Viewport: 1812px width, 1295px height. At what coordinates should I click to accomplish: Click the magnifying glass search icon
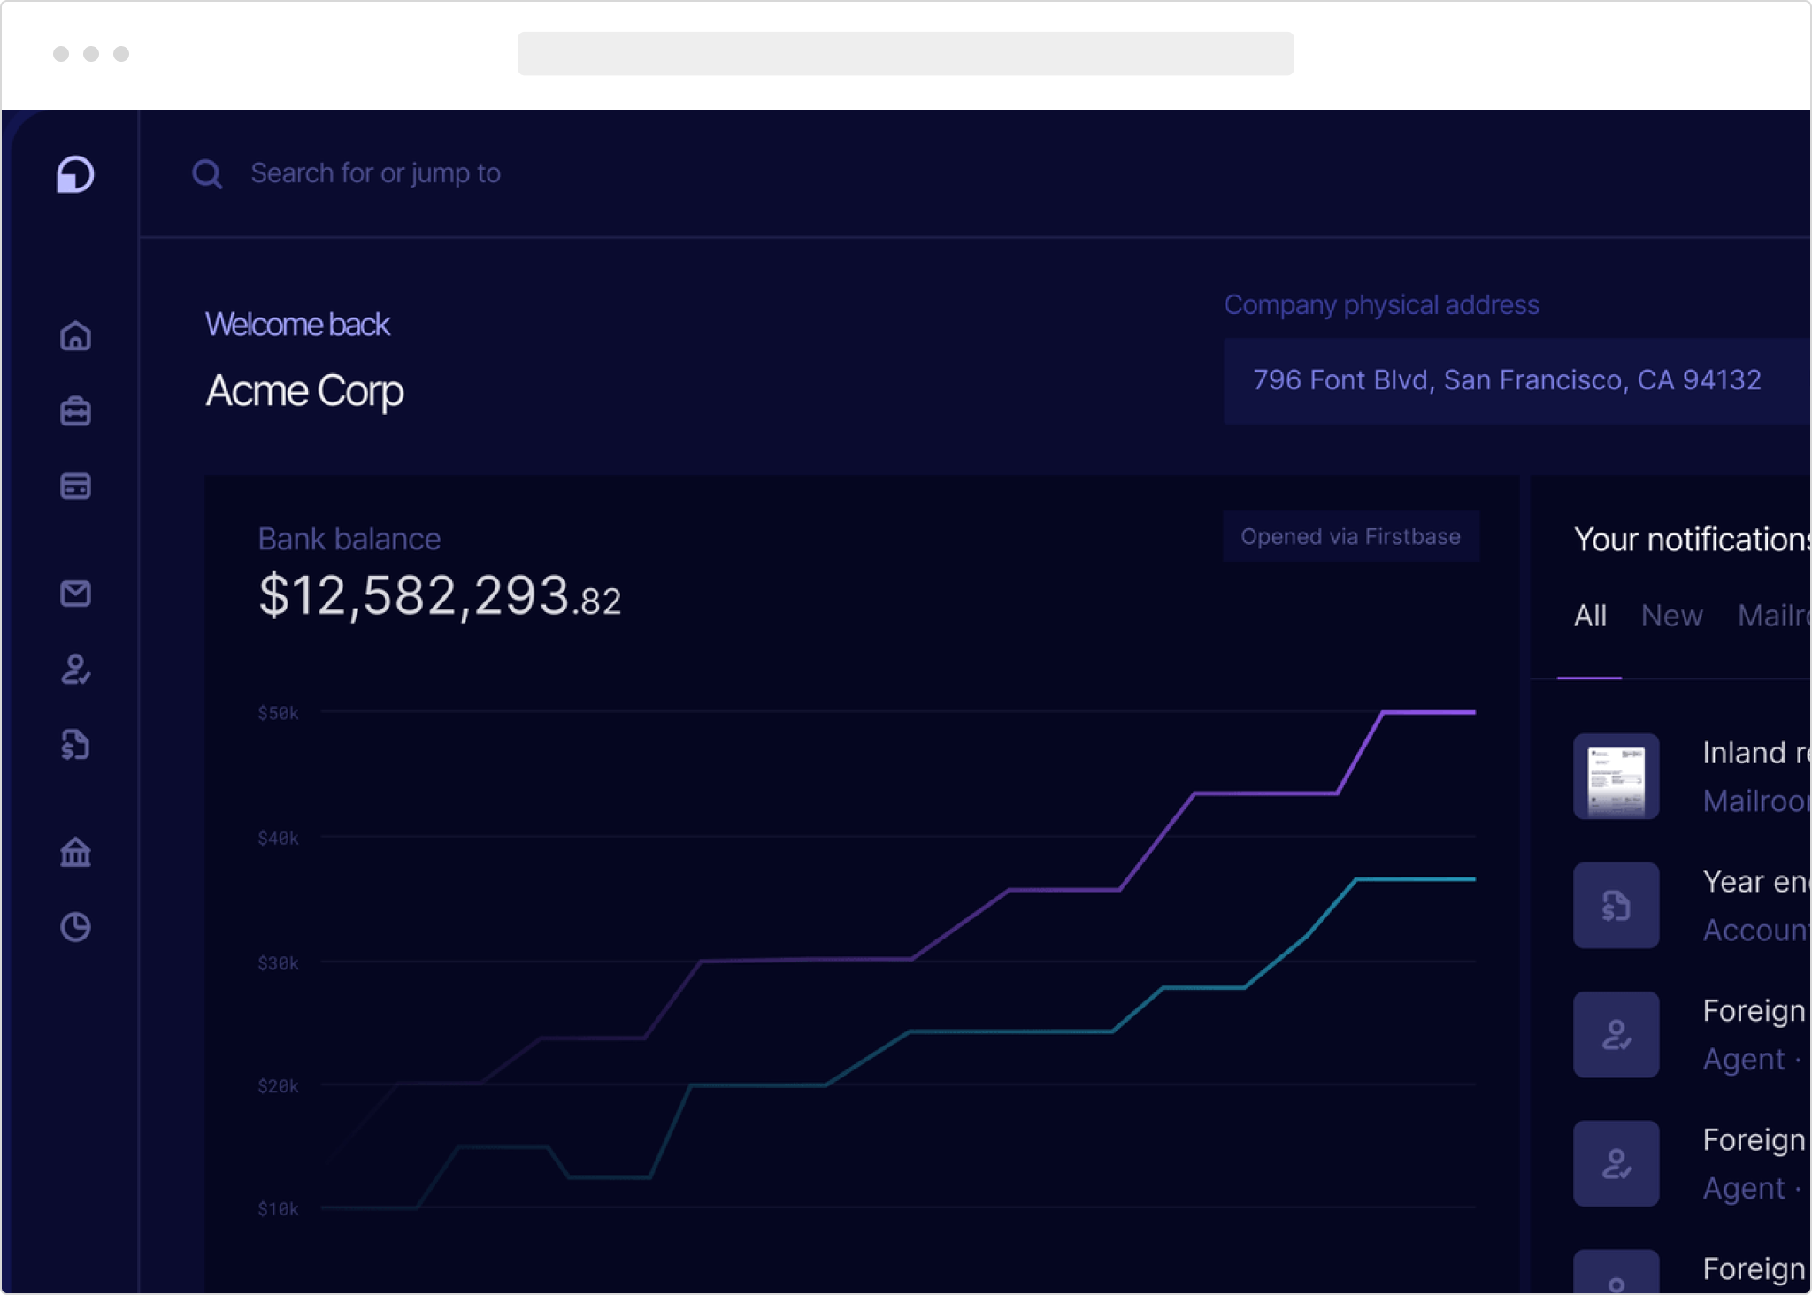(207, 174)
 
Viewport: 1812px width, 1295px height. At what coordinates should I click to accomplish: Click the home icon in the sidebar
(76, 336)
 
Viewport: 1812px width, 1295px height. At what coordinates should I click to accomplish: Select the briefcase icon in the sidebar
(76, 411)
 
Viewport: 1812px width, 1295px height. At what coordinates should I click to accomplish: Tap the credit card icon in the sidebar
(76, 487)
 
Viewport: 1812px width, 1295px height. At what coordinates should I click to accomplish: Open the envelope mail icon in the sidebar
(76, 594)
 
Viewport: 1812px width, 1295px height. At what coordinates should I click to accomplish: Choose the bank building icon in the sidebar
(76, 852)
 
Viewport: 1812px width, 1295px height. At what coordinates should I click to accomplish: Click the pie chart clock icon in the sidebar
(76, 927)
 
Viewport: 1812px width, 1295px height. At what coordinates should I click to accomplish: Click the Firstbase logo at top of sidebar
(76, 174)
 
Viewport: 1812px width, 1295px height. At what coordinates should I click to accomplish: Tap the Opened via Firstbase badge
(1350, 537)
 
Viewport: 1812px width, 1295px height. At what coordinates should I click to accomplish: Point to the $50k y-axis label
(278, 714)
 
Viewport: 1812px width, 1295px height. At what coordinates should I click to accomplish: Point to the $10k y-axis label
(278, 1209)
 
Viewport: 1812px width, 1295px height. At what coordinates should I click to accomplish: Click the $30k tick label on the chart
(278, 963)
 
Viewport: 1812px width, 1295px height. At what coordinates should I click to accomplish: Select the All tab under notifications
(1590, 616)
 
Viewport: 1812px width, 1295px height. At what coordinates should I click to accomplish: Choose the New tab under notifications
(1671, 616)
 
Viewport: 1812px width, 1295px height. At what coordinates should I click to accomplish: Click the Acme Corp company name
(304, 391)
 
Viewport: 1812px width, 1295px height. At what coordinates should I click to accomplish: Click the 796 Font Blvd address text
(1507, 380)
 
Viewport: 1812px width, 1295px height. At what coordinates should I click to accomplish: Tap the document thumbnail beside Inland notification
(1616, 777)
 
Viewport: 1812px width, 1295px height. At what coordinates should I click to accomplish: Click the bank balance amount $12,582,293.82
(439, 596)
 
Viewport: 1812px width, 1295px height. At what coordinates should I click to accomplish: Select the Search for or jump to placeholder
(375, 173)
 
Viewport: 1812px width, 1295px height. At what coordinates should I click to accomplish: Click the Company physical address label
(1381, 305)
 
